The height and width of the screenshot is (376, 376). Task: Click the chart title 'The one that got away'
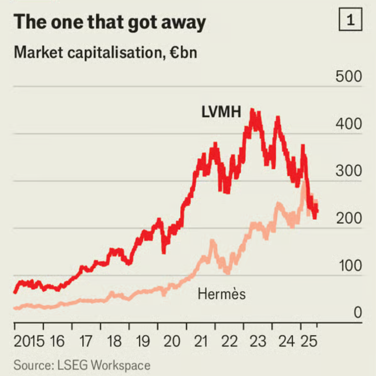109,22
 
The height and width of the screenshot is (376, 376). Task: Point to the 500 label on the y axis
349,77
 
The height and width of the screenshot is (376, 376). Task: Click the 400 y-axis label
349,124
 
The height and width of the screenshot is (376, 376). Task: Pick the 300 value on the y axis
349,171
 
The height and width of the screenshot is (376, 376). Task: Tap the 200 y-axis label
349,219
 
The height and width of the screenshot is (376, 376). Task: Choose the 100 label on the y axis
349,266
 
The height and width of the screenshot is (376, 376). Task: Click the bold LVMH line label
221,112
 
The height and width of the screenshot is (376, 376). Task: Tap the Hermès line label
222,294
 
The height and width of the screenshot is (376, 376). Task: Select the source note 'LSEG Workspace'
102,366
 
